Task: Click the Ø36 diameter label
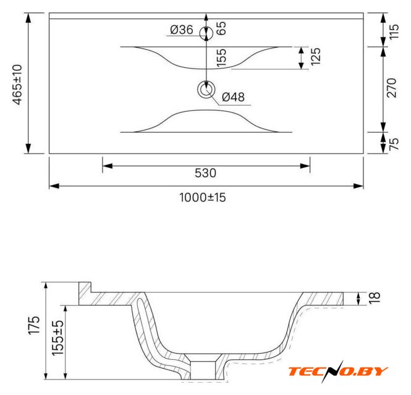pos(181,30)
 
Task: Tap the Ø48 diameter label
pos(233,97)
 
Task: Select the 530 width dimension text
pos(205,173)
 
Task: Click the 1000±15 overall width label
pos(203,197)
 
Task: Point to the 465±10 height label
pos(18,85)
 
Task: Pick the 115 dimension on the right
pos(394,31)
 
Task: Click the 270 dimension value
pos(392,88)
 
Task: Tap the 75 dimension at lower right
pos(394,144)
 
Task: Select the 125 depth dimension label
pos(315,57)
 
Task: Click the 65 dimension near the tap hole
pos(221,28)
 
